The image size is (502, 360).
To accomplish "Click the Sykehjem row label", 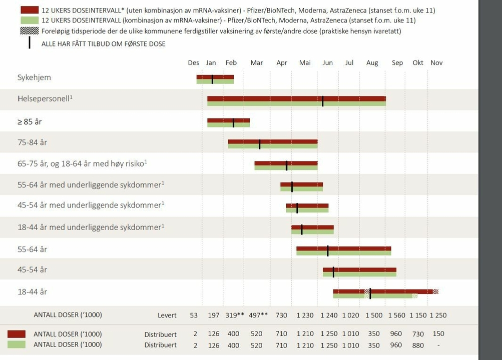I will click(34, 77).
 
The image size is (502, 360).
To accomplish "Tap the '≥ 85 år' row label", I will click(30, 121).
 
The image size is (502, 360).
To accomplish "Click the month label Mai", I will click(304, 62).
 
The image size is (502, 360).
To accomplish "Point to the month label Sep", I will click(397, 62).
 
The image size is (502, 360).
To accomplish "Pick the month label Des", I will click(194, 62).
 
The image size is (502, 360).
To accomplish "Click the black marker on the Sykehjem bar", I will click(212, 79).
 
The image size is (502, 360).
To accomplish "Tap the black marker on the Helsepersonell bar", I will click(323, 101).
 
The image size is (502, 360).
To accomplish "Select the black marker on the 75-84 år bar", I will click(259, 144).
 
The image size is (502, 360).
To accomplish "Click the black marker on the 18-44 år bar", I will click(370, 293).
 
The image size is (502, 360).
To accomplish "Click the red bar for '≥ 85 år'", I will click(228, 120).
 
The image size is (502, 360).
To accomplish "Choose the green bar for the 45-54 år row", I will click(359, 274).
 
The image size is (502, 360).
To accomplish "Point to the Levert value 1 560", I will click(396, 315).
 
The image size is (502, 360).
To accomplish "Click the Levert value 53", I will click(194, 315).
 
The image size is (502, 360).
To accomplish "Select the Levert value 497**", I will click(258, 315).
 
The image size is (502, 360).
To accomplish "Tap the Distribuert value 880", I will click(417, 345).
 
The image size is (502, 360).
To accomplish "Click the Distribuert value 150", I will click(438, 334).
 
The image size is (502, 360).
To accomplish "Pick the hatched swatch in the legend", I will click(30, 31).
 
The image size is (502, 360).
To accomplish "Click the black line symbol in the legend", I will click(30, 43).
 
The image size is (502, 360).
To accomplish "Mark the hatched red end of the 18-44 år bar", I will click(435, 291).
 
